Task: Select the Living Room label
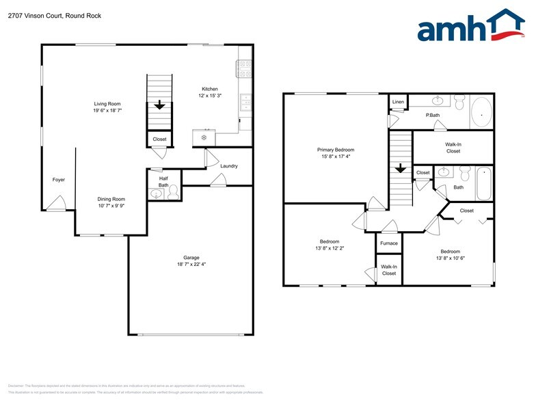(107, 104)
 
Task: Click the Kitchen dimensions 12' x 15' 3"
(209, 96)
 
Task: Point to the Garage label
(191, 258)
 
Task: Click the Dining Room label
(111, 199)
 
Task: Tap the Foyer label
(59, 180)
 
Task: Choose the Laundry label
(228, 166)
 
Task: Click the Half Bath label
(163, 181)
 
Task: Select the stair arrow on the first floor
(159, 105)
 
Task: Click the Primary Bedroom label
(336, 150)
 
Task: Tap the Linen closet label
(398, 102)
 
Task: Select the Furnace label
(389, 243)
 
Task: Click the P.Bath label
(432, 116)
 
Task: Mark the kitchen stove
(245, 68)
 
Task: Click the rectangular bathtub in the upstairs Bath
(483, 183)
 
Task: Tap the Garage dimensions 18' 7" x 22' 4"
(191, 265)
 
